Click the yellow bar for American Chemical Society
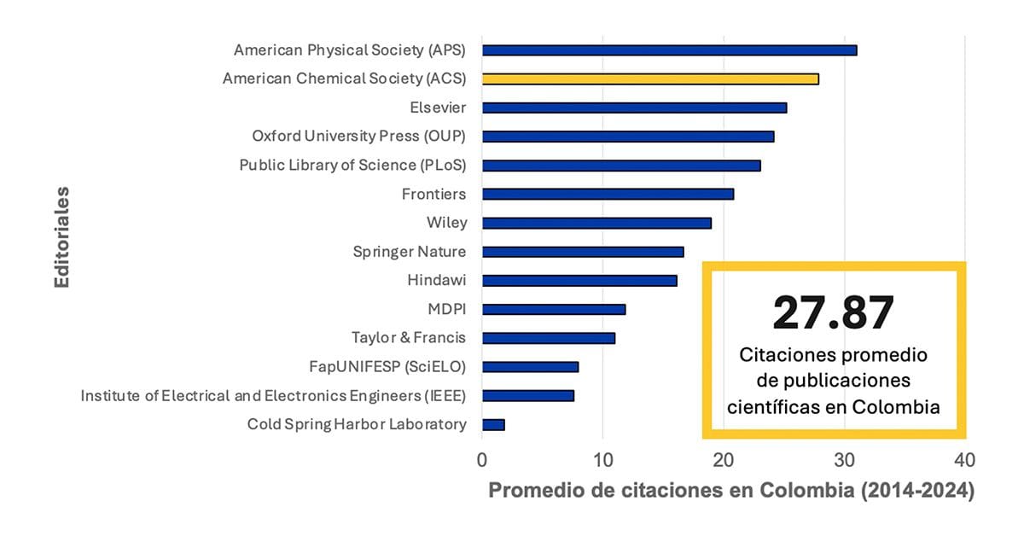tap(650, 79)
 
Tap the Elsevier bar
tap(634, 108)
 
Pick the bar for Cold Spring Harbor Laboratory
tap(493, 424)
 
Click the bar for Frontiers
tap(608, 194)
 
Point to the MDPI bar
tap(554, 309)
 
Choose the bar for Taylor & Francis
tap(549, 338)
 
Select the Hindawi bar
tap(579, 280)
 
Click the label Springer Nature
tap(410, 252)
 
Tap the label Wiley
tap(446, 223)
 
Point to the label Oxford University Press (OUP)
tap(359, 136)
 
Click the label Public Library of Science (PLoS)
tap(352, 165)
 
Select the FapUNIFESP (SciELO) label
tap(387, 367)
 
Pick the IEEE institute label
tap(273, 395)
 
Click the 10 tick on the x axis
tap(602, 461)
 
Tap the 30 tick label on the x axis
tap(844, 461)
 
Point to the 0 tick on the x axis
tap(482, 461)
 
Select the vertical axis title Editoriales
tap(61, 236)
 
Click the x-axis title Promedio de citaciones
tap(730, 492)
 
